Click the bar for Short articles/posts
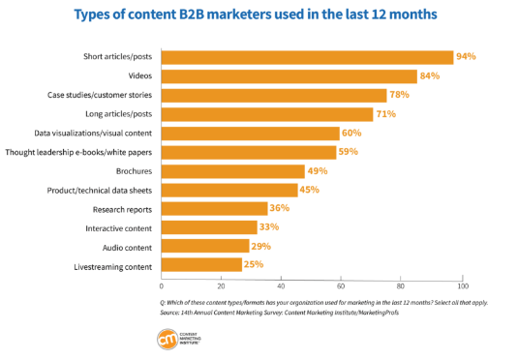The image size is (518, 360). pyautogui.click(x=307, y=57)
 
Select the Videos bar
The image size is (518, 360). pyautogui.click(x=289, y=76)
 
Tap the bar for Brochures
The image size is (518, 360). pyautogui.click(x=232, y=171)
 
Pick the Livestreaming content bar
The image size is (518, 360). pyautogui.click(x=201, y=265)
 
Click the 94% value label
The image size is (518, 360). pyautogui.click(x=467, y=57)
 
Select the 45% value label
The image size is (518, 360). pyautogui.click(x=310, y=190)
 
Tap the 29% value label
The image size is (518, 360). pyautogui.click(x=260, y=247)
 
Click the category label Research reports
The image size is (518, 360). pyautogui.click(x=124, y=209)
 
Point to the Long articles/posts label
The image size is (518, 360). pyautogui.click(x=116, y=114)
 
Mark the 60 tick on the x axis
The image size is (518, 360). pyautogui.click(x=342, y=287)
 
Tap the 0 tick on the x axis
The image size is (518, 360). pyautogui.click(x=162, y=287)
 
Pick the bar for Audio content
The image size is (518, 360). pyautogui.click(x=205, y=247)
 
